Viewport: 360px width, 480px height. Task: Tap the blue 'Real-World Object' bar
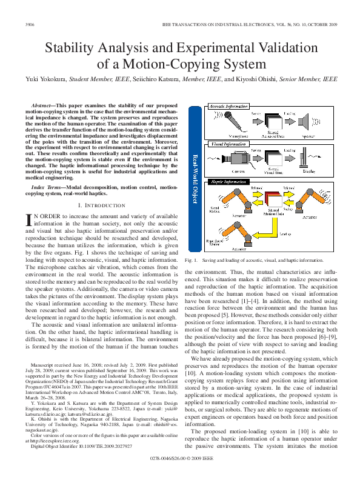pos(195,176)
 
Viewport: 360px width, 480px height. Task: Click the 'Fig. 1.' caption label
pos(192,260)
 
